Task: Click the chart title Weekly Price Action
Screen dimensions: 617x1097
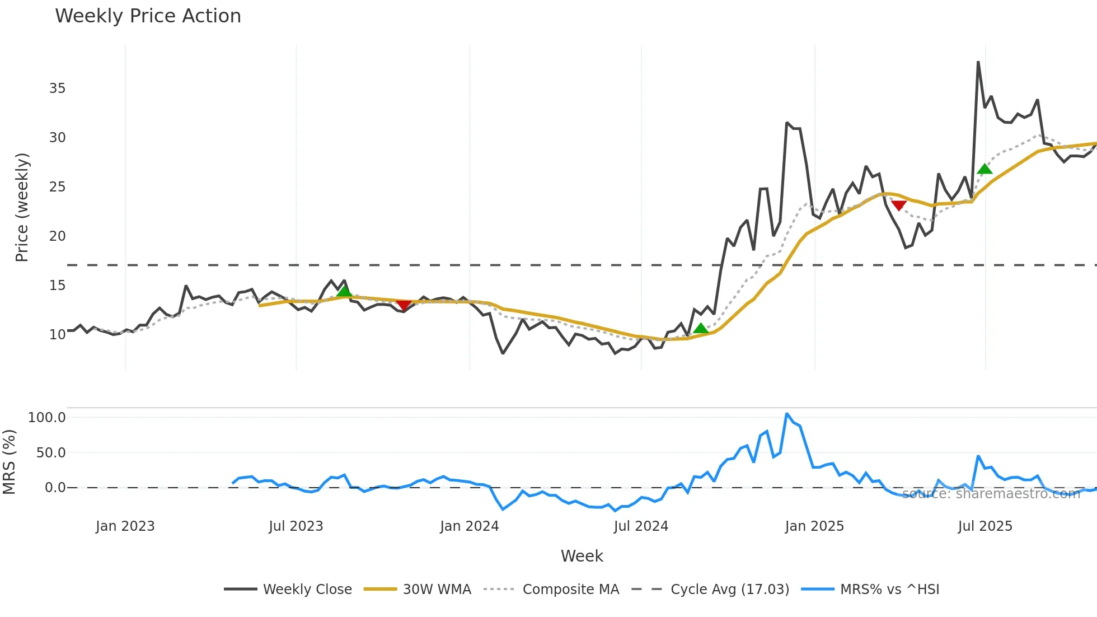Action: [148, 16]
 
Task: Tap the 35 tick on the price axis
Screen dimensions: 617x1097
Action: [57, 88]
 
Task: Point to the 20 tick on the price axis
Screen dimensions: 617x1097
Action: [57, 236]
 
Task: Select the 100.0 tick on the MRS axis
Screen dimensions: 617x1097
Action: [47, 418]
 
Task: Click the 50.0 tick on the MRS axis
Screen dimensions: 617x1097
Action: [51, 453]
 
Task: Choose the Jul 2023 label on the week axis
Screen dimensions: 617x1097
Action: [296, 526]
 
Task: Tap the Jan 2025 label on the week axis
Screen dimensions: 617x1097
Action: [814, 526]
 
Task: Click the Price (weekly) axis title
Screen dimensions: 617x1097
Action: [22, 207]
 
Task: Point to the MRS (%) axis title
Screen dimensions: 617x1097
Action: [10, 462]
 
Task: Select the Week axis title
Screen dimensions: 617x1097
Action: [582, 556]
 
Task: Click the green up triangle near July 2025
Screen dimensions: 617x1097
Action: [985, 169]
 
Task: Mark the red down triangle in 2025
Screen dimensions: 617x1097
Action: [899, 205]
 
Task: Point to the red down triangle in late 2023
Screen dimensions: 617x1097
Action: [404, 305]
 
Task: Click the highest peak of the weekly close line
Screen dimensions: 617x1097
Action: [978, 62]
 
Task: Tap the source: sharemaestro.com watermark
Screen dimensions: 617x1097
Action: [991, 494]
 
